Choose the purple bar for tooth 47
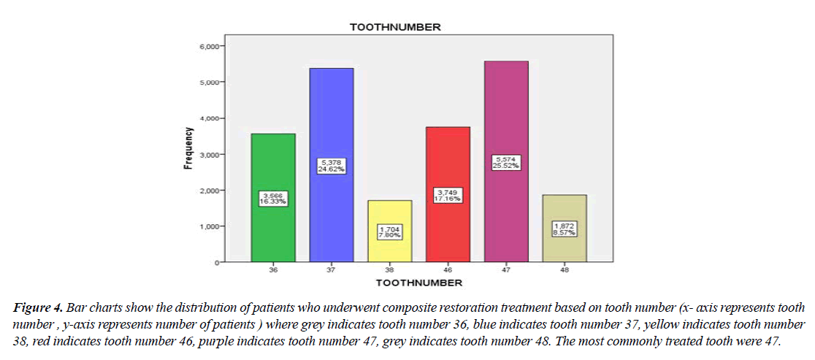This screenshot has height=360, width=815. [x=506, y=110]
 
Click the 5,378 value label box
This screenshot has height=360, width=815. [x=331, y=165]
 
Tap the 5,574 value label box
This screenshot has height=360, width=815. [x=506, y=162]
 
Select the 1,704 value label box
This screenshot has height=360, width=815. [x=389, y=232]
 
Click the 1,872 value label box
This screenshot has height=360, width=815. [x=565, y=229]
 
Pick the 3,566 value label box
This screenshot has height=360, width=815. [x=272, y=198]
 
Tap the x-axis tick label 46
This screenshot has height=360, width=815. [x=448, y=269]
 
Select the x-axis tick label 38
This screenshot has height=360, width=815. [x=389, y=269]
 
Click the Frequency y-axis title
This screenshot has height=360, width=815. [x=188, y=149]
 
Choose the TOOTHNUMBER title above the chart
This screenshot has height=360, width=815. [x=394, y=27]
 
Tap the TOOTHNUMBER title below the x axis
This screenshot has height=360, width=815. [x=418, y=282]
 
